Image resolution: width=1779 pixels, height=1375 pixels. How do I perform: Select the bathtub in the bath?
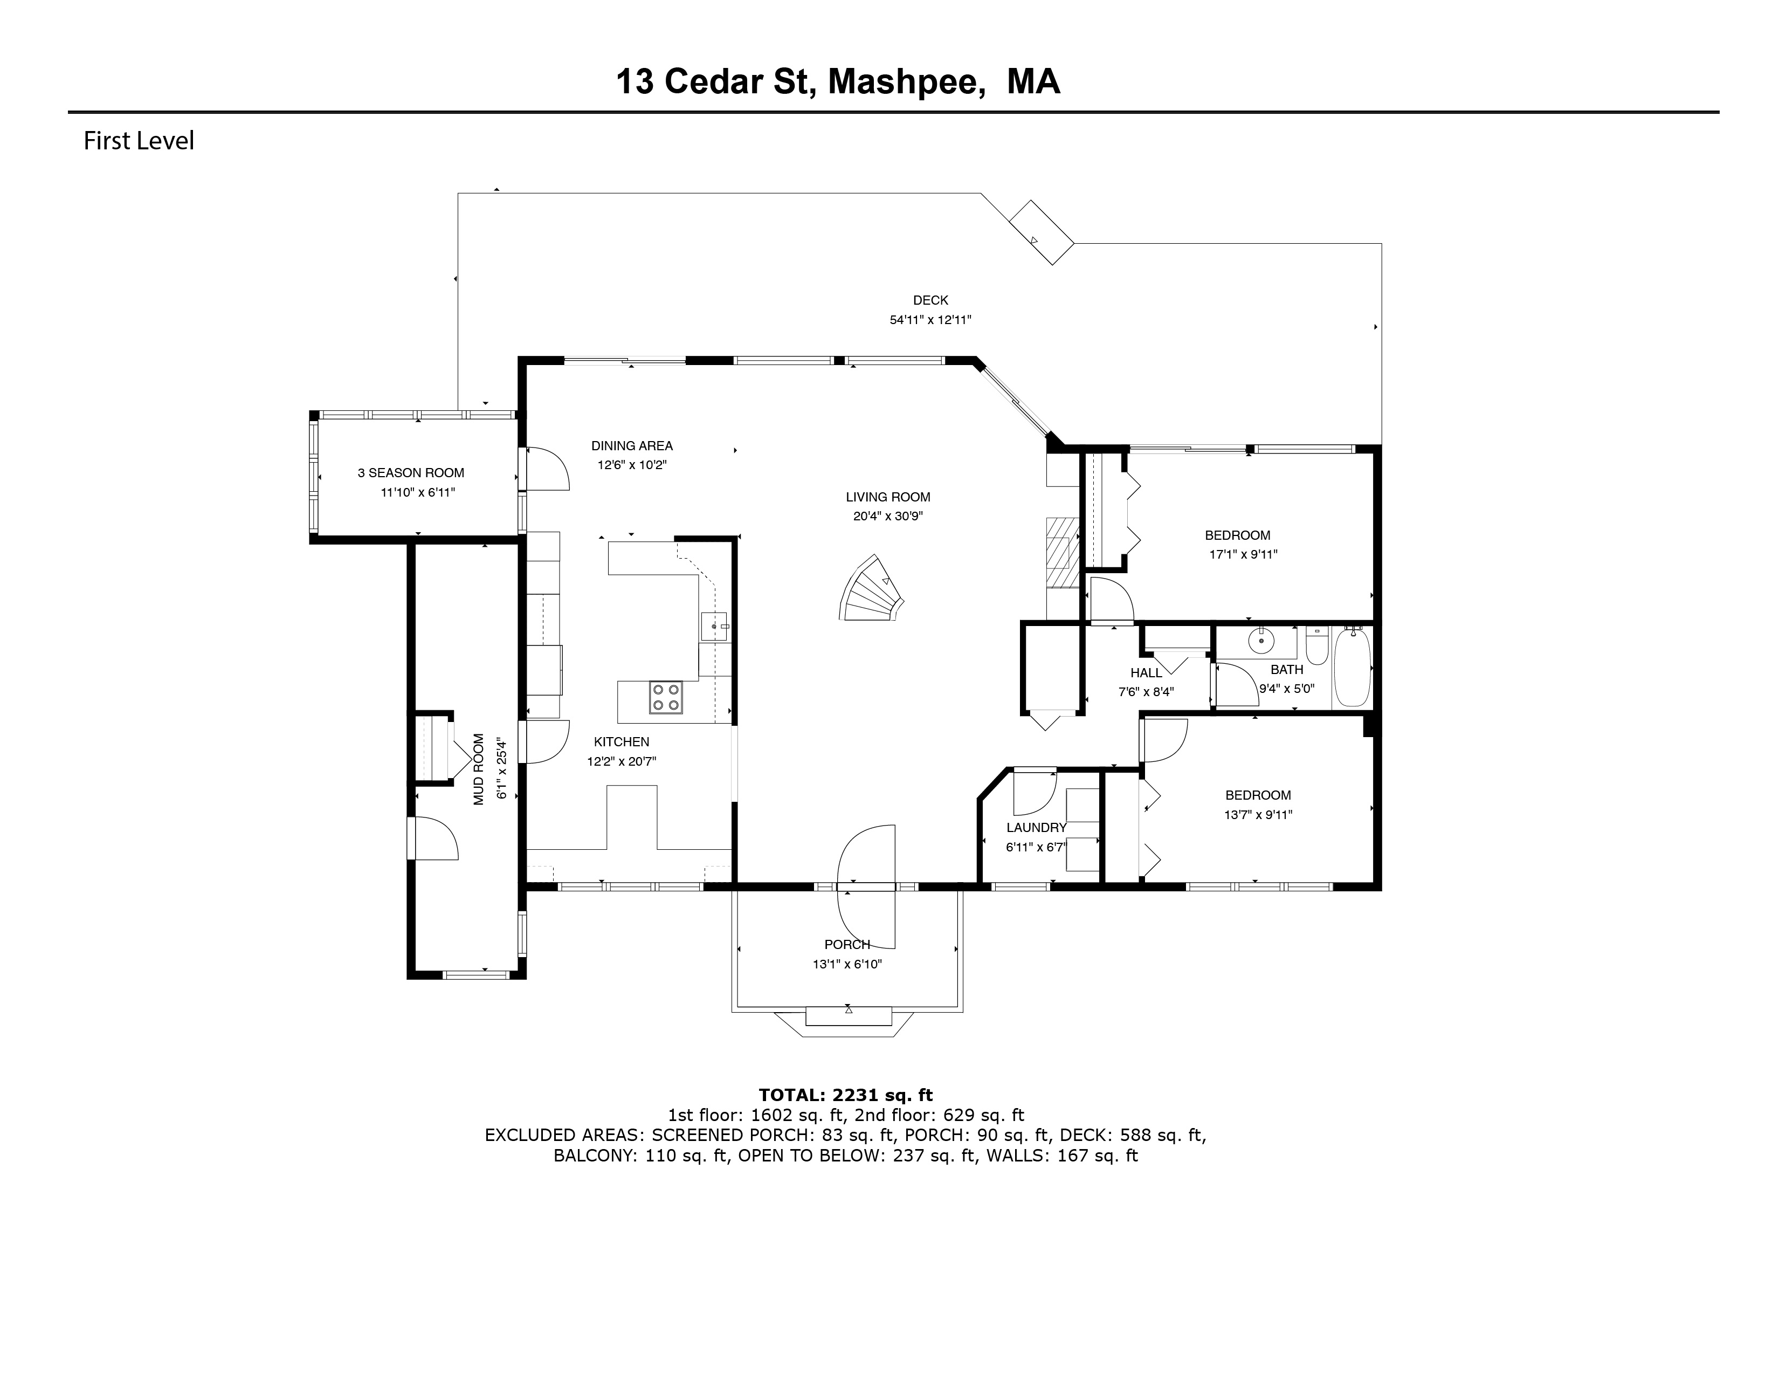(1353, 666)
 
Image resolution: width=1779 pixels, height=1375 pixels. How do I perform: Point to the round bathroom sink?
(1261, 641)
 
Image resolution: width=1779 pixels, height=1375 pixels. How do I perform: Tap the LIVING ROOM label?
(888, 497)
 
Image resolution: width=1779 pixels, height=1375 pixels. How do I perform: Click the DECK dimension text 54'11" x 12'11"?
(930, 320)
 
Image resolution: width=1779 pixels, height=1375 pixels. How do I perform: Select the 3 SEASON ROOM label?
(411, 472)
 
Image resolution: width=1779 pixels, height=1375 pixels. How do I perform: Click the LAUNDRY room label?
(1036, 828)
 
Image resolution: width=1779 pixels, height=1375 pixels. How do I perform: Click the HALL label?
(1146, 673)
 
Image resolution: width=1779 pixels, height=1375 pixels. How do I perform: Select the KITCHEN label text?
(622, 742)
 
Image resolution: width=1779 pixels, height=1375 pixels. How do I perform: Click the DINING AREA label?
(632, 445)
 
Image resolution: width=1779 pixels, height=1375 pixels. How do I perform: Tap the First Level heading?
(139, 141)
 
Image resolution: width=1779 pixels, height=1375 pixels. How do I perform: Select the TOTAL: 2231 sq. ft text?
(845, 1095)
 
